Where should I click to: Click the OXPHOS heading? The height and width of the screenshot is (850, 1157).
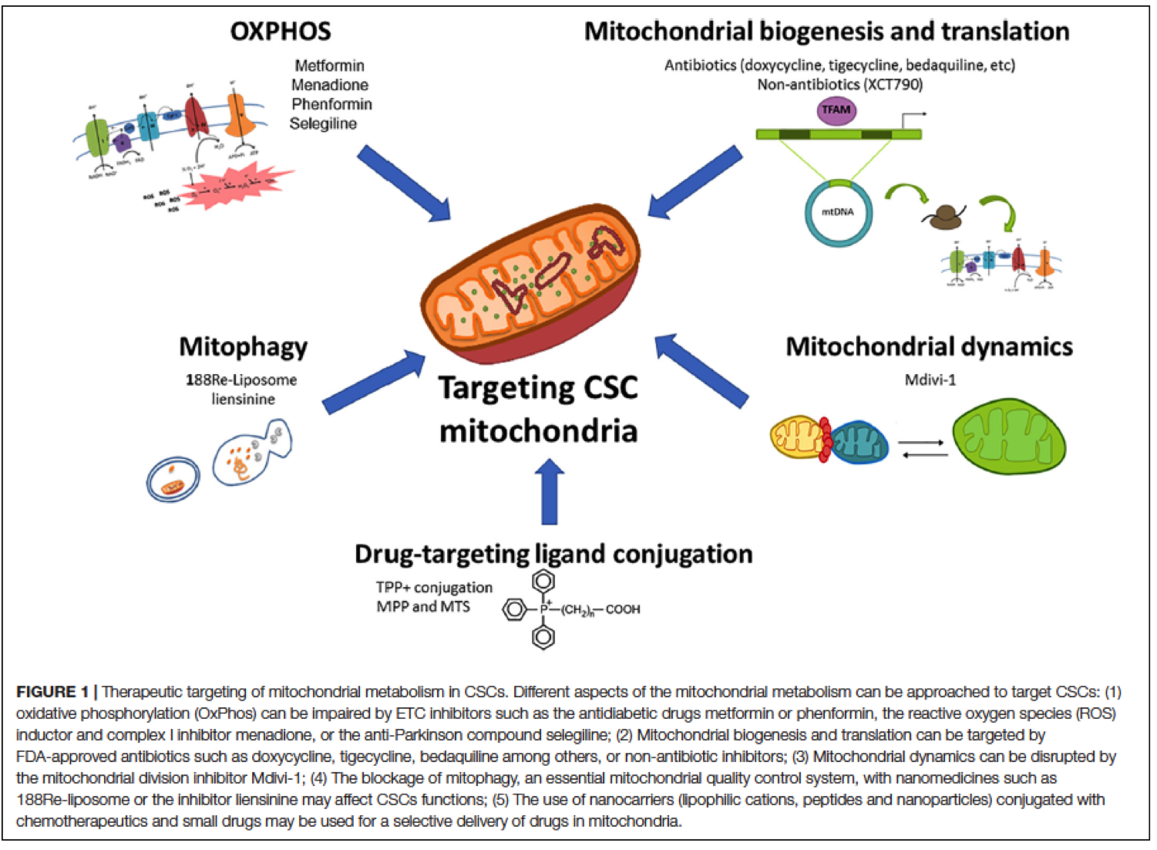(x=281, y=32)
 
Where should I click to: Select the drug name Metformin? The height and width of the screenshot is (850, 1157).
(x=329, y=66)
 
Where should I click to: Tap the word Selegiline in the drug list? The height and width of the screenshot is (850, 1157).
(x=323, y=123)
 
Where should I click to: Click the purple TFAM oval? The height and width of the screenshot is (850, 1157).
(x=836, y=110)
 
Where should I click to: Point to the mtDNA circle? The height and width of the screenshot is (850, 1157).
(x=839, y=212)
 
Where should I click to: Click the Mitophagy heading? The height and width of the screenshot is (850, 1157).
(x=244, y=347)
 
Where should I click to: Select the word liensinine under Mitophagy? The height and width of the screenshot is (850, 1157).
(x=244, y=399)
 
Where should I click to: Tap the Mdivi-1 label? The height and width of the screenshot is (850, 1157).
(x=930, y=379)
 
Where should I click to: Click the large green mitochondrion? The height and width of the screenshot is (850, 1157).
(x=1009, y=437)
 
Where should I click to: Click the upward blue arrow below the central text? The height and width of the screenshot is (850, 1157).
(x=550, y=491)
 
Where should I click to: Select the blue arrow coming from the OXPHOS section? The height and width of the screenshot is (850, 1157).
(x=404, y=184)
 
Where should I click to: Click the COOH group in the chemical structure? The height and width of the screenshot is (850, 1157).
(x=623, y=609)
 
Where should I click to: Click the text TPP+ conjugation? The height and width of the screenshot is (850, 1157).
(x=434, y=588)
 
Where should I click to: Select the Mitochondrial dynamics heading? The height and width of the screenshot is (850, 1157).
(x=929, y=347)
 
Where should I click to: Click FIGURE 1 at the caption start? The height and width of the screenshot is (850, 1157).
(x=52, y=692)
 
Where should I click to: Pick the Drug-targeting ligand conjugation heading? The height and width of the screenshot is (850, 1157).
(x=553, y=554)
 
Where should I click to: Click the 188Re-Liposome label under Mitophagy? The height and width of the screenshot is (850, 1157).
(x=241, y=379)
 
